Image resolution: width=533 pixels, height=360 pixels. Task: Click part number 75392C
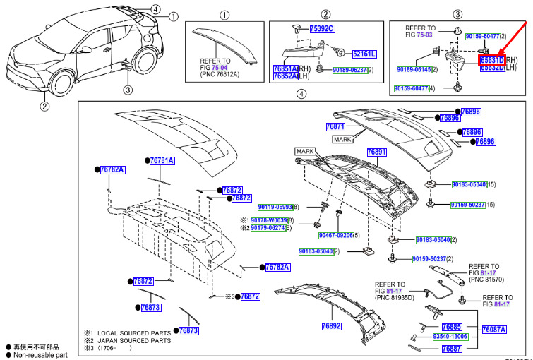(x=322, y=29)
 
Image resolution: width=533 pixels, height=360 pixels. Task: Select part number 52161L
(x=364, y=54)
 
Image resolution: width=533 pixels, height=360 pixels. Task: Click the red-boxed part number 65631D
(x=492, y=61)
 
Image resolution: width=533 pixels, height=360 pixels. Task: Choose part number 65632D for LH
(x=492, y=68)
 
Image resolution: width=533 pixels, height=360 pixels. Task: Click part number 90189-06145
(x=414, y=70)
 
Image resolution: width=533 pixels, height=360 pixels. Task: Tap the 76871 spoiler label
(x=335, y=126)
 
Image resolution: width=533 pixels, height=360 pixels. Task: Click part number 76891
(x=377, y=152)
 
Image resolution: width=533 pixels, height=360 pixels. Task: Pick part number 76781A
(x=161, y=161)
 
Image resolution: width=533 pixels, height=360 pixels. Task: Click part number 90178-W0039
(x=268, y=221)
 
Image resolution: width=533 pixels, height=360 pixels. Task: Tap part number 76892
(x=331, y=326)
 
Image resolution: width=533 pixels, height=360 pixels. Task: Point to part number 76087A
(x=493, y=330)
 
